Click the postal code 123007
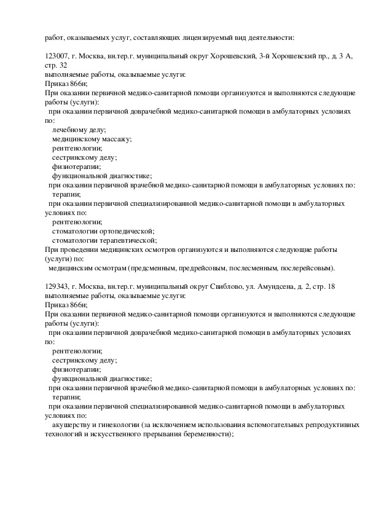click(58, 56)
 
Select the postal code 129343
click(58, 286)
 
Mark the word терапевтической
click(124, 240)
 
